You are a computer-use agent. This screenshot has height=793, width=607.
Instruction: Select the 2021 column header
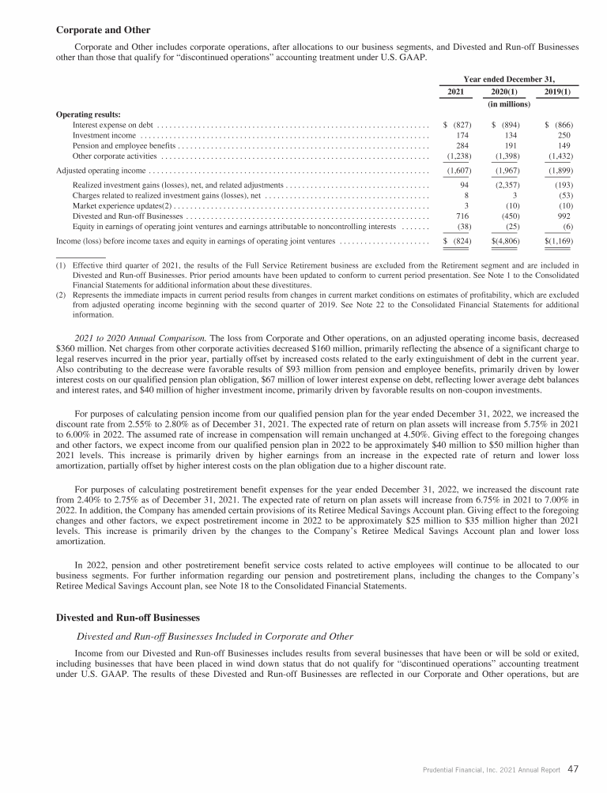[x=455, y=92]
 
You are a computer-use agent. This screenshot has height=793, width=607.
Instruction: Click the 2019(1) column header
[x=560, y=92]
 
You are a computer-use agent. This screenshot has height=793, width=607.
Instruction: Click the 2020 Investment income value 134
[x=511, y=136]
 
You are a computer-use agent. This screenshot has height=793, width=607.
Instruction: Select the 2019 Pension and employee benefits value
[x=564, y=146]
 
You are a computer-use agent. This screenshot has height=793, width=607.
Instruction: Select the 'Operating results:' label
[x=89, y=115]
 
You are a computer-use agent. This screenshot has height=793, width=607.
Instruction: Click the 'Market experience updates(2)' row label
[x=117, y=205]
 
